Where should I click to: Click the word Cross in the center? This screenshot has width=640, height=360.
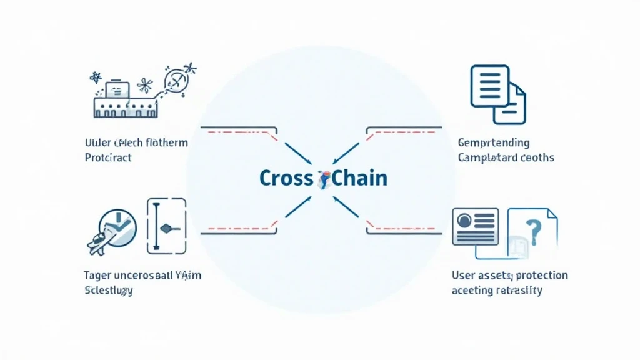click(286, 177)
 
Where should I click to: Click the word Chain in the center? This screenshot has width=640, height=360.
click(359, 177)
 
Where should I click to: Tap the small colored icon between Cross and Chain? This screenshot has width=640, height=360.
click(324, 179)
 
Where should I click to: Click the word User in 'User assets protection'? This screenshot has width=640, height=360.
click(464, 275)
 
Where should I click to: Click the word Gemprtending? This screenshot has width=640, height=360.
click(494, 143)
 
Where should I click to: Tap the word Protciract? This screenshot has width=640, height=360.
click(108, 157)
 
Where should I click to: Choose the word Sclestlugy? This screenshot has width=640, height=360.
click(108, 291)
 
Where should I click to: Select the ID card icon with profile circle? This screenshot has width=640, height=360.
click(474, 226)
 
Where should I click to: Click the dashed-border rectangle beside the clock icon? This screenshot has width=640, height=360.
click(166, 226)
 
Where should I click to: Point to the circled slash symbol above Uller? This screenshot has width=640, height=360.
click(174, 80)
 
